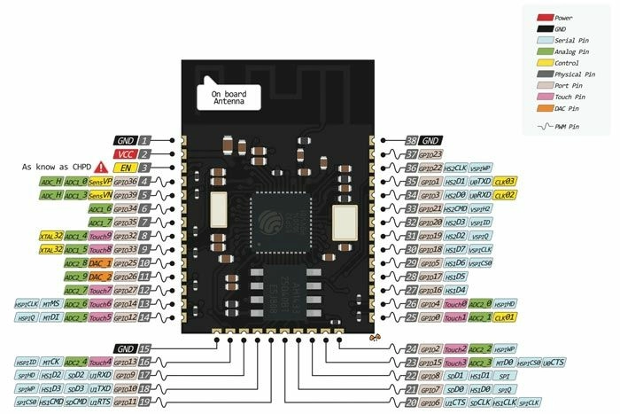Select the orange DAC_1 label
point(99,263)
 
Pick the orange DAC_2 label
point(99,277)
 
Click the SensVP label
point(100,181)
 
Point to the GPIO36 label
point(125,181)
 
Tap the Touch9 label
point(100,236)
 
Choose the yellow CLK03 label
point(505,181)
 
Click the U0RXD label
point(480,195)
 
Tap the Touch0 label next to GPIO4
point(455,304)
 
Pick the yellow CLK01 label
point(505,317)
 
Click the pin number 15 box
point(144,348)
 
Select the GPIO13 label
point(125,362)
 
